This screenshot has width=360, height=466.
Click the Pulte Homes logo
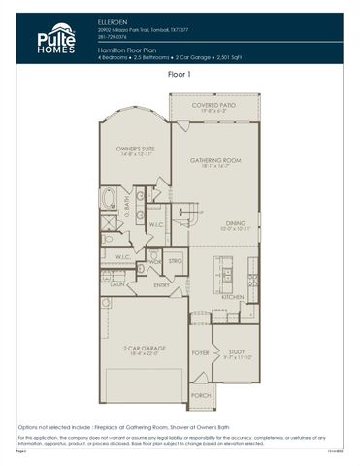coord(55,39)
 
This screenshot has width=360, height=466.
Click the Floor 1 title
coord(180,74)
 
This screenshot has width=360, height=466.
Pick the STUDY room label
coord(237,352)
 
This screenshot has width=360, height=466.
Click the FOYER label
coord(201,352)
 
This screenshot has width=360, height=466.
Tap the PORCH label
coord(200,395)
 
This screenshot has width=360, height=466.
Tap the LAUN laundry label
coord(115,285)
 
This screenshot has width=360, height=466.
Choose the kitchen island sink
coord(233,271)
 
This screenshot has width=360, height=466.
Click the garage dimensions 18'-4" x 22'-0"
coord(143,354)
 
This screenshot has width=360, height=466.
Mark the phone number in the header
coord(113,35)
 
